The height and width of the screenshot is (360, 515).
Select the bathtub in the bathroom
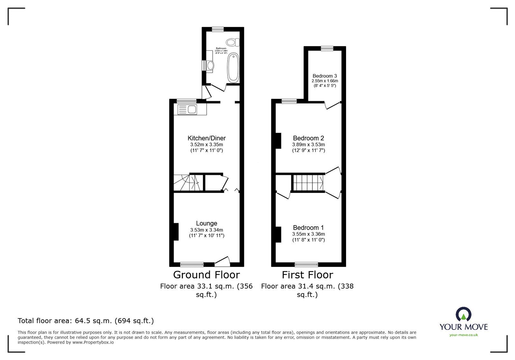point(233,68)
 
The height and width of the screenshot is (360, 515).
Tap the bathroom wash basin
point(210,66)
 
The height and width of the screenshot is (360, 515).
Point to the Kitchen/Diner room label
point(207,138)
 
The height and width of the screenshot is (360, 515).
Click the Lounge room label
point(207,223)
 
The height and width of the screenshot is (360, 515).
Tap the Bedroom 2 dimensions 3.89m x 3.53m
point(308,145)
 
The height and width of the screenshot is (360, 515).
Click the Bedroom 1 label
point(308,228)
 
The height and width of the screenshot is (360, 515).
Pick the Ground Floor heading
point(206,275)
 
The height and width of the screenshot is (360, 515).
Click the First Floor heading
point(307,275)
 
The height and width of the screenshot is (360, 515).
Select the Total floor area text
point(86,321)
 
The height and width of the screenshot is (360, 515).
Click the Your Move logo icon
point(464,314)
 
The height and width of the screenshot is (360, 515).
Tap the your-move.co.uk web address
point(464,335)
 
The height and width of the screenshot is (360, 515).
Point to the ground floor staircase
point(186,183)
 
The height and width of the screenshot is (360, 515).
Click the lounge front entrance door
point(222,261)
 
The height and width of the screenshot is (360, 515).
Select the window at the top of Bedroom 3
point(327,48)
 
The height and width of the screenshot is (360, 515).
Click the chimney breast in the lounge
point(175,232)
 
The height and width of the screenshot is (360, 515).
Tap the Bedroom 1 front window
point(306,264)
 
